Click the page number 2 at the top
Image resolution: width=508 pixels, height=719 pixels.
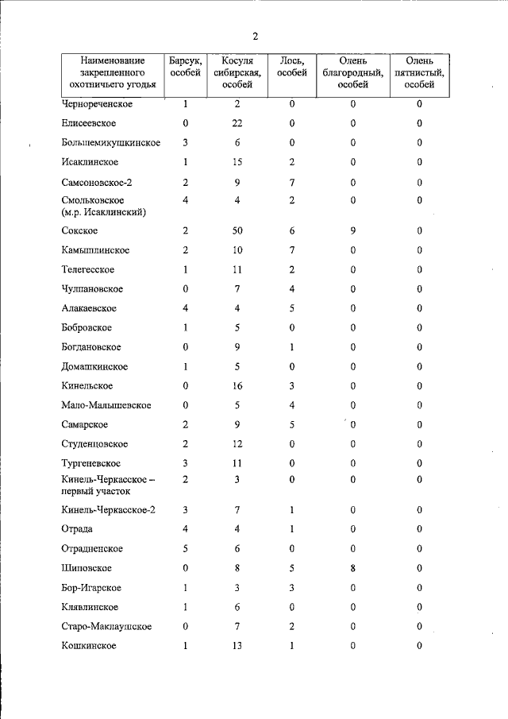[x=255, y=37]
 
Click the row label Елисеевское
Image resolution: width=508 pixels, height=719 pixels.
[x=89, y=123]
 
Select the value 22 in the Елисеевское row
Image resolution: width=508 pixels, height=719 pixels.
[x=237, y=123]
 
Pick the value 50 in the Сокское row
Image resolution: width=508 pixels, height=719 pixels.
[x=237, y=230]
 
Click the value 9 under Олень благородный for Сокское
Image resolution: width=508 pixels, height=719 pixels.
[x=353, y=230]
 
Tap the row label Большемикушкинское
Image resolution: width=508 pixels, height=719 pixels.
[x=111, y=143]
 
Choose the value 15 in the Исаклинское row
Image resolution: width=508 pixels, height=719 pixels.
[x=237, y=162]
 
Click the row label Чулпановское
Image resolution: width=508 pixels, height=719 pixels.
[x=92, y=289]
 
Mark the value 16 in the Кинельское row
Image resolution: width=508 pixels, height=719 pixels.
[x=237, y=386]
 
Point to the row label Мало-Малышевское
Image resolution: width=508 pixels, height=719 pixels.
[x=106, y=405]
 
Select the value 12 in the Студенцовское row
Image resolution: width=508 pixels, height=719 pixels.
[x=237, y=444]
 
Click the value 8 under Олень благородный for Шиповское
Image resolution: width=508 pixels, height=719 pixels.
[x=353, y=568]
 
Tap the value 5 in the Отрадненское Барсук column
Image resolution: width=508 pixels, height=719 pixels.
[x=185, y=549]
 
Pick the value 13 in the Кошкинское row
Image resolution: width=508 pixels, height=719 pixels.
[x=237, y=646]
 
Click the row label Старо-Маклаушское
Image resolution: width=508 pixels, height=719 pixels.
[x=106, y=627]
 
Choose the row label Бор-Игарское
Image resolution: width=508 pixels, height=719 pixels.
[x=91, y=588]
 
